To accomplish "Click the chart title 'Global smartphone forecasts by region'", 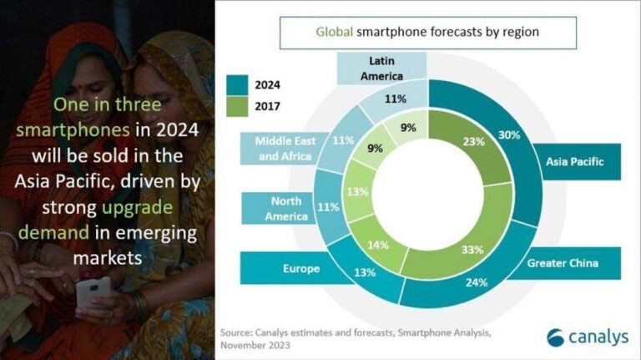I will [426, 33].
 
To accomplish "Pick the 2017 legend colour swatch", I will [239, 106].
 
